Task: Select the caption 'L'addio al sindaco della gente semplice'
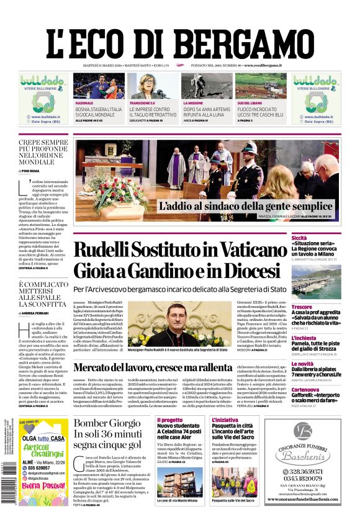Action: point(246,206)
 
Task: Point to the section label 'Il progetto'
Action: point(170,420)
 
